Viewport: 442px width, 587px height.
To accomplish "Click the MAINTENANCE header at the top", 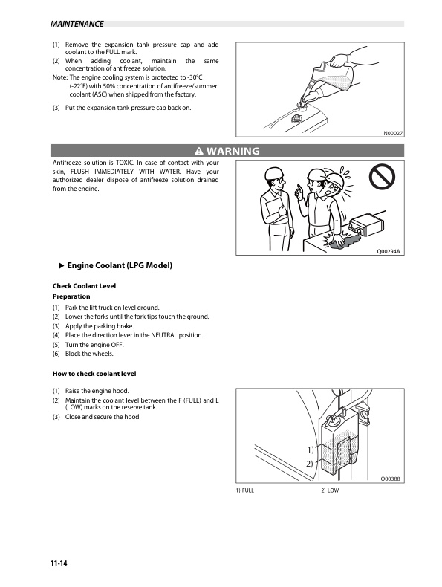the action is (x=77, y=24).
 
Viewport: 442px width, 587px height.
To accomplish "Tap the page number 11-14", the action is (x=59, y=563).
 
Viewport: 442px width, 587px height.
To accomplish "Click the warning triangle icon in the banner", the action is (x=199, y=151).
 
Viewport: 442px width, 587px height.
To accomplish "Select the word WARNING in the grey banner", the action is (x=233, y=151).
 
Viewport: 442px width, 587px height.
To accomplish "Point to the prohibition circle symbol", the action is (x=382, y=178).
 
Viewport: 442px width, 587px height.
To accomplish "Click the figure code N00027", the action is (x=392, y=133).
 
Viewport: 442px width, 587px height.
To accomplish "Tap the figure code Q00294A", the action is (x=388, y=252).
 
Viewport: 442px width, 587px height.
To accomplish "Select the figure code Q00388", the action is (x=390, y=479).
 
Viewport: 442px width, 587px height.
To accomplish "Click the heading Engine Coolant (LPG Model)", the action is (x=120, y=265).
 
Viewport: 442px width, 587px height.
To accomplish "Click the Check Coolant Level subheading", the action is (x=84, y=286).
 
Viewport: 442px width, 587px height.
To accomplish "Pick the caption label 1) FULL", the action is (x=244, y=490).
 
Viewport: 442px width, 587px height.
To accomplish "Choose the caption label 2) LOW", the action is (x=330, y=490).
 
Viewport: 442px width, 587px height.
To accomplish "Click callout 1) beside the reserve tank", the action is (x=311, y=450).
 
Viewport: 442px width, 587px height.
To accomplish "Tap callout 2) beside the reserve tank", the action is (x=310, y=464).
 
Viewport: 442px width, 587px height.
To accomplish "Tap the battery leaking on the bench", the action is (x=365, y=226).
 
